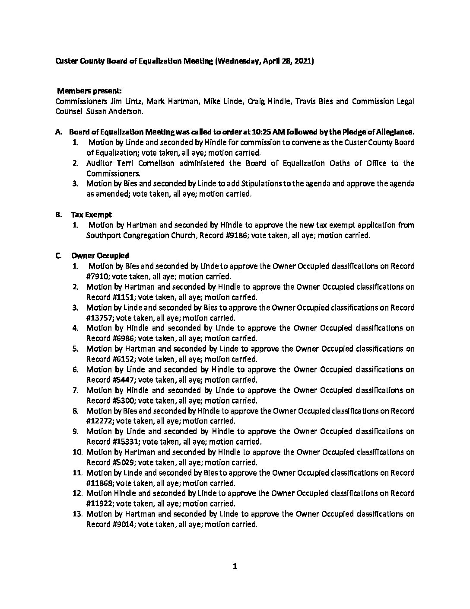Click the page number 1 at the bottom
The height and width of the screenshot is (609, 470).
[235, 567]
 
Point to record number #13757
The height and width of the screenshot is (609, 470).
[99, 318]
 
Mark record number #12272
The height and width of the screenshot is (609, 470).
[99, 421]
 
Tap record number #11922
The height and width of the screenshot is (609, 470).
[99, 503]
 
